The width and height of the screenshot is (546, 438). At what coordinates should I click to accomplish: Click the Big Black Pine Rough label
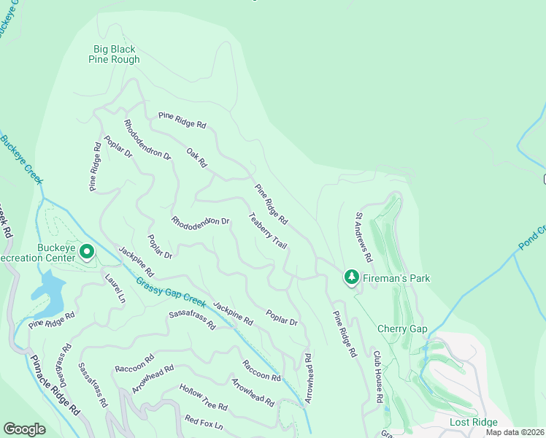(115, 55)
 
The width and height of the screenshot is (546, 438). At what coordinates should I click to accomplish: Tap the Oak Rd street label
(197, 158)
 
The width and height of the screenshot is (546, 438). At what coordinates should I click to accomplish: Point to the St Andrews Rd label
(364, 238)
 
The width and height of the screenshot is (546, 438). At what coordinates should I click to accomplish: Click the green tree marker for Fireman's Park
(352, 277)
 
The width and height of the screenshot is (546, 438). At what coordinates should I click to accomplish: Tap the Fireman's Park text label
(397, 278)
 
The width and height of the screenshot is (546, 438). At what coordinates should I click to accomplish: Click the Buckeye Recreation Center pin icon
(87, 253)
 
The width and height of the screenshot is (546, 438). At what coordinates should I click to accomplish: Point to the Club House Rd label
(378, 377)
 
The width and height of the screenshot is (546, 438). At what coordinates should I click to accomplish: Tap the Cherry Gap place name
(401, 328)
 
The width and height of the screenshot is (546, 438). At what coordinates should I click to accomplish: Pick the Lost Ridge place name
(473, 423)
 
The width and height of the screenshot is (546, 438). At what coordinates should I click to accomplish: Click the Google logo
(24, 429)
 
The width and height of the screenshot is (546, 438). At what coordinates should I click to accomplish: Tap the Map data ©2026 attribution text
(515, 432)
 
